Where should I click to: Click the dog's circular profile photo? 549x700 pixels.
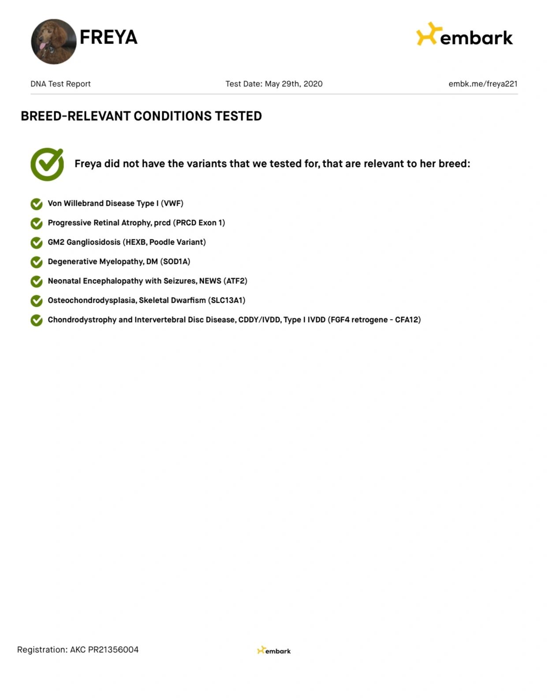point(53,41)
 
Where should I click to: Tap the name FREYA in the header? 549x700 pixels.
point(108,37)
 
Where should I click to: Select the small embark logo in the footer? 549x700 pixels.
point(274,651)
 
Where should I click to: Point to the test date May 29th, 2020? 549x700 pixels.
point(293,84)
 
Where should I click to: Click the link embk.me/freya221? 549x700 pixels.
point(483,84)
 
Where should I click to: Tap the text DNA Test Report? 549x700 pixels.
point(60,84)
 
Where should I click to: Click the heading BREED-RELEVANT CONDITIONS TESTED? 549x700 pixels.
point(141,116)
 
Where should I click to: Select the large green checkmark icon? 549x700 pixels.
point(47,164)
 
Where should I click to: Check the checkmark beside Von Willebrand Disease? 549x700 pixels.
point(37,204)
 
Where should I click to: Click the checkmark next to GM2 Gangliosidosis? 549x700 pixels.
point(37,242)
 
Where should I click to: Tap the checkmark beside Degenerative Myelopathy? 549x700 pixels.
point(37,262)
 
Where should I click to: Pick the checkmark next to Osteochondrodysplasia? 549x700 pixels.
point(37,301)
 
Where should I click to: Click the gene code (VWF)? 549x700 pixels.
point(172,203)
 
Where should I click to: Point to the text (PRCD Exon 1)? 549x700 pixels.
point(200,223)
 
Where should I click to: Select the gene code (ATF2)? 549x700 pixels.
point(235,281)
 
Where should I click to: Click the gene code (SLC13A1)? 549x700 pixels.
point(227,300)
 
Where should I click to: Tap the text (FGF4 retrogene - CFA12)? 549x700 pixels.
point(374,320)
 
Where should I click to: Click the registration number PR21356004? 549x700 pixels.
point(113,649)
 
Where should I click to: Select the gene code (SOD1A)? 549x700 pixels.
point(175,261)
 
